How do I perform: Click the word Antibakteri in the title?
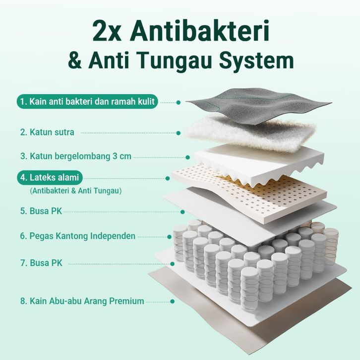[199, 31]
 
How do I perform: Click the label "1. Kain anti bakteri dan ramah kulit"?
[87, 102]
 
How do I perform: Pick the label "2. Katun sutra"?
[47, 132]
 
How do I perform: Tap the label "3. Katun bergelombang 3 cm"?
[76, 156]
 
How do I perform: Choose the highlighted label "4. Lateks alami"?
[50, 178]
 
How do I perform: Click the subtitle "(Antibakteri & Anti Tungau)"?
[75, 190]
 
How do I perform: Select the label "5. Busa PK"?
[41, 211]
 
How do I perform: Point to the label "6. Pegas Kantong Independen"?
[77, 236]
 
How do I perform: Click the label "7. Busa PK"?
[41, 263]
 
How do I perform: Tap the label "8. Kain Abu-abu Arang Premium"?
[82, 301]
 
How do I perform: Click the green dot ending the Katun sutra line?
[179, 133]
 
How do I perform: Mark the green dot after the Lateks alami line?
[168, 179]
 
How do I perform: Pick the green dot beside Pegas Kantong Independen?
[170, 237]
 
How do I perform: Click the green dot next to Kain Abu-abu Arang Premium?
[172, 301]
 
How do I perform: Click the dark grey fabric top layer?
[257, 106]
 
